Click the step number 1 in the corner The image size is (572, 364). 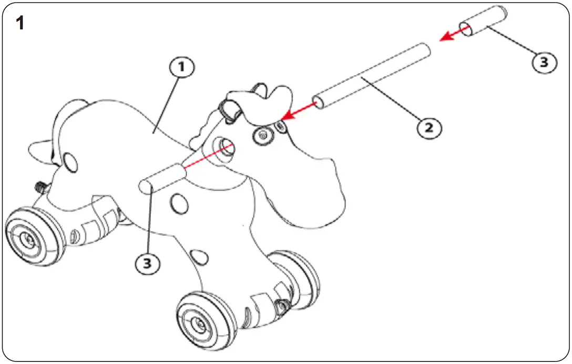click(21, 23)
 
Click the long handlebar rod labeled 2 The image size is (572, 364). click(371, 77)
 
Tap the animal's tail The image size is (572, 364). click(39, 149)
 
